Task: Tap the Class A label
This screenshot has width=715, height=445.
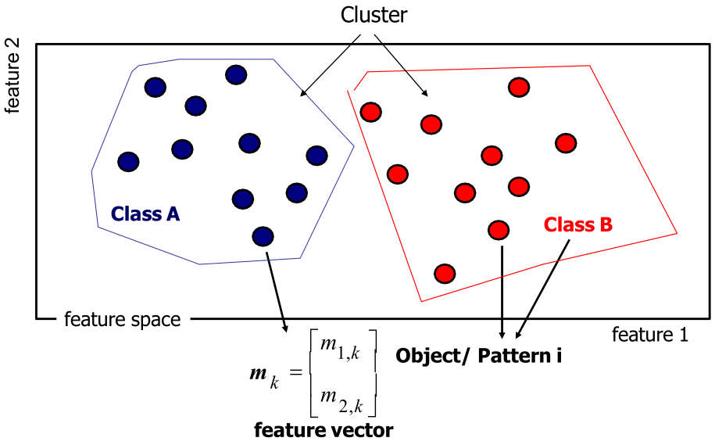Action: [146, 213]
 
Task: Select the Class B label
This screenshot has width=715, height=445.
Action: [578, 225]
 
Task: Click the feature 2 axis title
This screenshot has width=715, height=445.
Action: [13, 78]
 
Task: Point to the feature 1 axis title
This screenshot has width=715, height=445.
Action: [650, 335]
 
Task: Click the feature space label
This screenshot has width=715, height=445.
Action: [122, 319]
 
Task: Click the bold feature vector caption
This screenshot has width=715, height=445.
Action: [324, 429]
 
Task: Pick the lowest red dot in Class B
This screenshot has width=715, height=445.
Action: [445, 273]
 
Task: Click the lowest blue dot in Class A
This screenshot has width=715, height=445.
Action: [263, 235]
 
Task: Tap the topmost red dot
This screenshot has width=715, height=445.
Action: [518, 87]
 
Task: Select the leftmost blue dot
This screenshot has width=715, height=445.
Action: [128, 162]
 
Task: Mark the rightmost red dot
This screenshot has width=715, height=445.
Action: [566, 143]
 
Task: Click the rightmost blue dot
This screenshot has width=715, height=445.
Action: [316, 156]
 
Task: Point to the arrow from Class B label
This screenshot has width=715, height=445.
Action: [543, 285]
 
